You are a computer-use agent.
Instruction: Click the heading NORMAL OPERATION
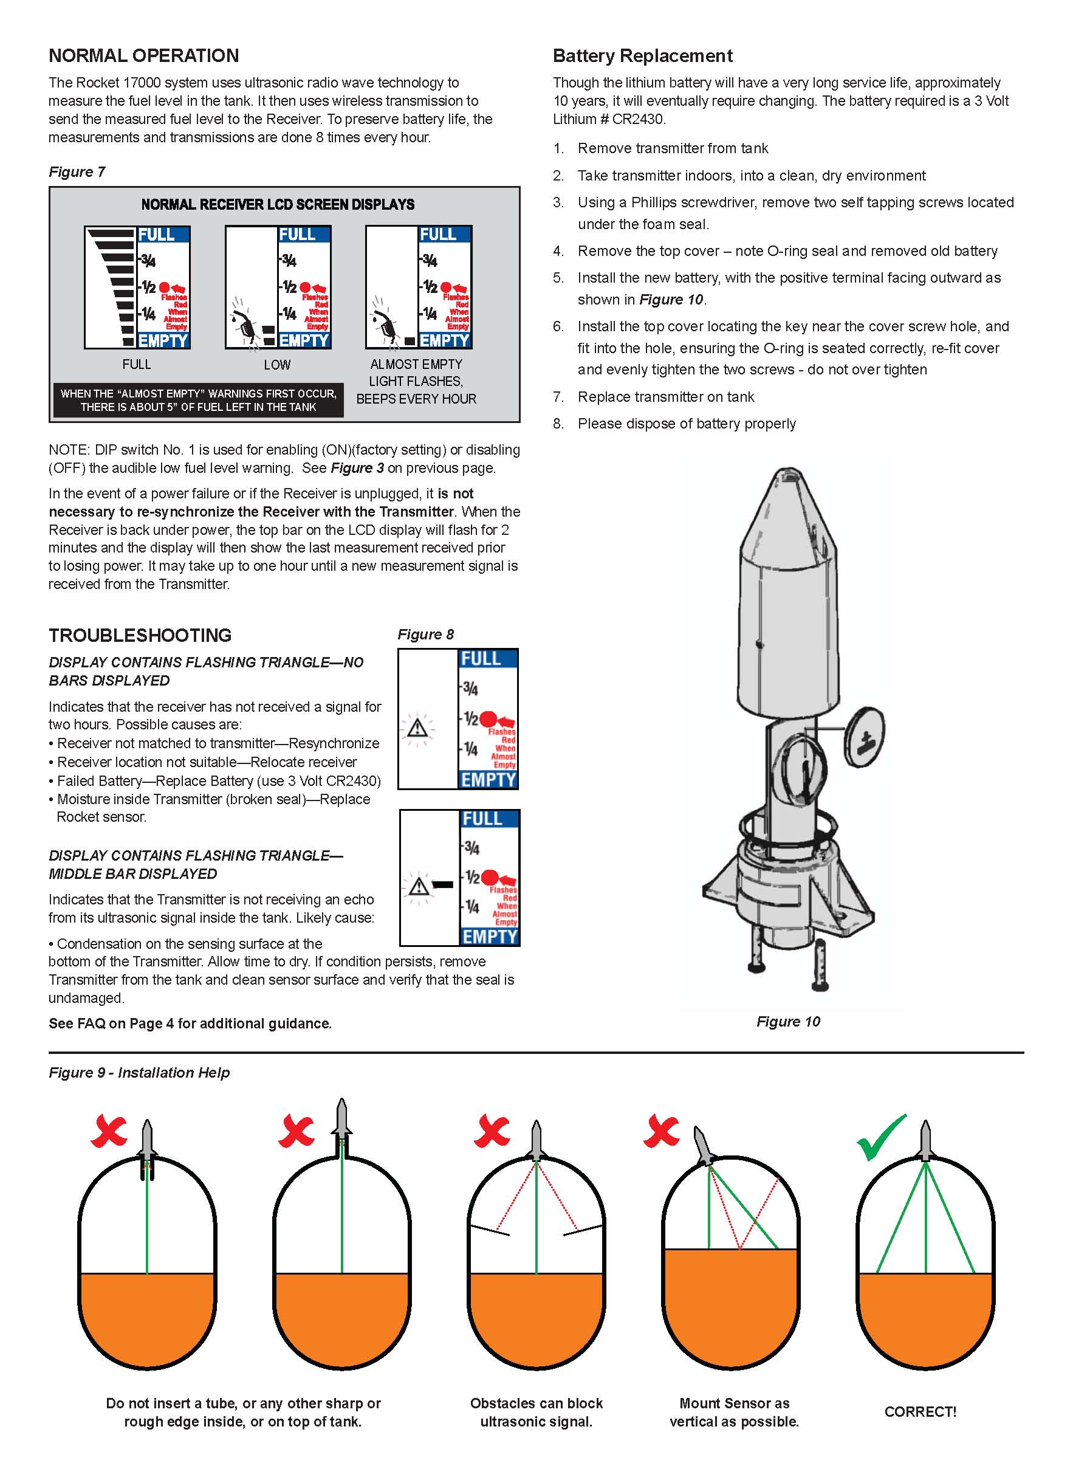143,55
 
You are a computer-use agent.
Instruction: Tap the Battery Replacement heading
642,55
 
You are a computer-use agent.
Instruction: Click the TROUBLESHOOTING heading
140,635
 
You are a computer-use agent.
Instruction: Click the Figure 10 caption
788,1021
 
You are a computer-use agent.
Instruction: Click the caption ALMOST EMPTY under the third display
416,364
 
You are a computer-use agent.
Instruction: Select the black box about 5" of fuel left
198,400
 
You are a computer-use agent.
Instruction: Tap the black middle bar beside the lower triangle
443,885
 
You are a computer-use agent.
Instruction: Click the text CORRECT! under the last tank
920,1411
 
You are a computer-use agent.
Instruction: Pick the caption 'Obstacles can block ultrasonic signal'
536,1412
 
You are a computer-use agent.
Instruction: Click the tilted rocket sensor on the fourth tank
703,1146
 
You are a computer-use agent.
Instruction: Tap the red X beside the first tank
109,1132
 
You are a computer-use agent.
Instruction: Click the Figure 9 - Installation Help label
139,1073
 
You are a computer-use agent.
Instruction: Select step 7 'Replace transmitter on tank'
665,397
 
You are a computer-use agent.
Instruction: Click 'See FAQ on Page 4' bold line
190,1023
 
